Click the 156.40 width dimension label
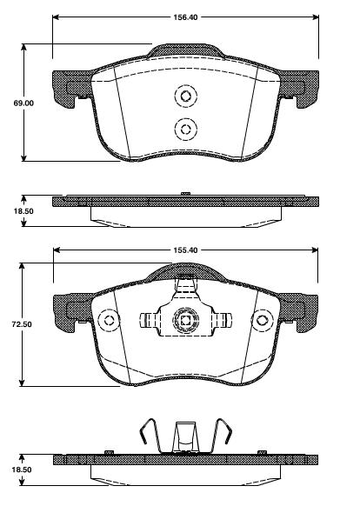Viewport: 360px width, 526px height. [x=183, y=16]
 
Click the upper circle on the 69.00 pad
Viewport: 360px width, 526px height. [x=183, y=97]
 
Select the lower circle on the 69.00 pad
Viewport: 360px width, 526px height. [x=183, y=129]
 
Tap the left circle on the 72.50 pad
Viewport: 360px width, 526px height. [x=110, y=322]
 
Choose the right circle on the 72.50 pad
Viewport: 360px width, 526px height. [x=259, y=322]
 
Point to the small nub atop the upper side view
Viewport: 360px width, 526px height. [x=183, y=195]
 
